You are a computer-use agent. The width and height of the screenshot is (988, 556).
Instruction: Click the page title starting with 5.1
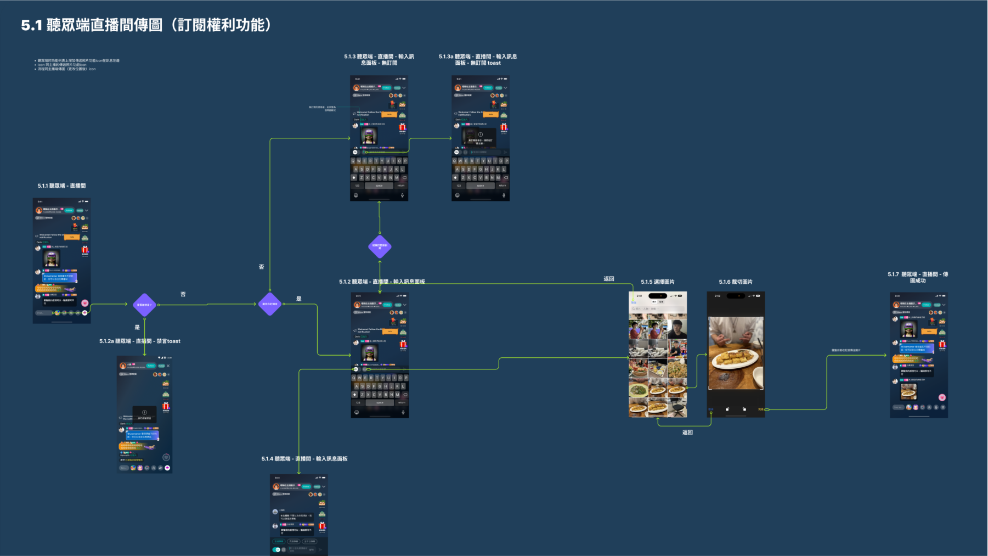(146, 25)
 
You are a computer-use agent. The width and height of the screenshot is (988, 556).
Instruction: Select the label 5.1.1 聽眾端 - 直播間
(61, 186)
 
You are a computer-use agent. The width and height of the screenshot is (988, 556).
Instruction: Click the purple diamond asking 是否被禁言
(144, 305)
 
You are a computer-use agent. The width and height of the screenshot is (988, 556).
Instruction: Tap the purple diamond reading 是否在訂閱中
(270, 304)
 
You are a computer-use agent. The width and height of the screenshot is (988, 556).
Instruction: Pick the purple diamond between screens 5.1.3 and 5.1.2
(380, 246)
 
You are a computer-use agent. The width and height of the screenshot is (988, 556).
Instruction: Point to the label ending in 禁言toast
(140, 341)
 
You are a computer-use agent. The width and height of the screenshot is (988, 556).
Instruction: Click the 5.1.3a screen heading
(478, 59)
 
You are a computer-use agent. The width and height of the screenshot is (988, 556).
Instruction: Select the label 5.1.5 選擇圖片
(657, 282)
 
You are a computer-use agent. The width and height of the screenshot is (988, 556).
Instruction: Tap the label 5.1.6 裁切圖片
(736, 282)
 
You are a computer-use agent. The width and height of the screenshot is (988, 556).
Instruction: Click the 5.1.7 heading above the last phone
(918, 277)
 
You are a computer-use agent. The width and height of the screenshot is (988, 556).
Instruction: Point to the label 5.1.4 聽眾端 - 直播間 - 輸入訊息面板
(304, 459)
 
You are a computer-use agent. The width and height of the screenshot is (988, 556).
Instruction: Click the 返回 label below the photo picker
(687, 433)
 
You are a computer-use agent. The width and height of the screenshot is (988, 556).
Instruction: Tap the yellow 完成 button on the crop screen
(760, 409)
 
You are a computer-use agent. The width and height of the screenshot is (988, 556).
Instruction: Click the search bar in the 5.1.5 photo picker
(657, 309)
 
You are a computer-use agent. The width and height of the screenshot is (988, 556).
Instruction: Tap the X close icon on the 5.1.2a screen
(168, 366)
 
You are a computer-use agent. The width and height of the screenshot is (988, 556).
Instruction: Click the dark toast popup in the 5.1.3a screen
(479, 137)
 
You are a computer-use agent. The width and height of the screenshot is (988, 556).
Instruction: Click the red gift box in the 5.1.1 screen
(85, 250)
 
